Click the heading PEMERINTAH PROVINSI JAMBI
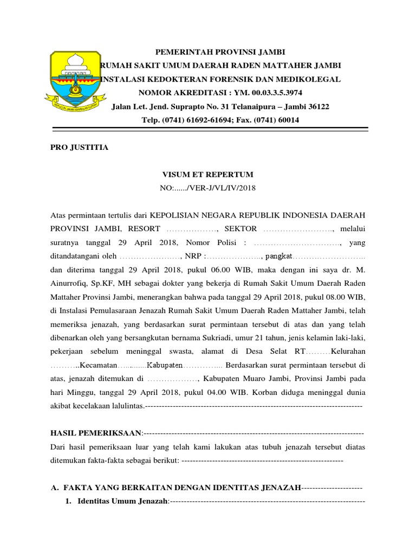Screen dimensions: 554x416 (x=220, y=52)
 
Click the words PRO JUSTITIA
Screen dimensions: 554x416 (x=79, y=147)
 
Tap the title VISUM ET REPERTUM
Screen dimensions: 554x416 (x=208, y=175)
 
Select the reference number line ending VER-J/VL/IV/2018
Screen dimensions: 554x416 (x=208, y=188)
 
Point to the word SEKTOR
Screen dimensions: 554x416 (x=240, y=229)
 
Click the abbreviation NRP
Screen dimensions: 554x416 (x=193, y=256)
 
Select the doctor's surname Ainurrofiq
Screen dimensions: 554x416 (x=70, y=283)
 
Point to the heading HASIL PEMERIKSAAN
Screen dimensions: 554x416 (x=96, y=433)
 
